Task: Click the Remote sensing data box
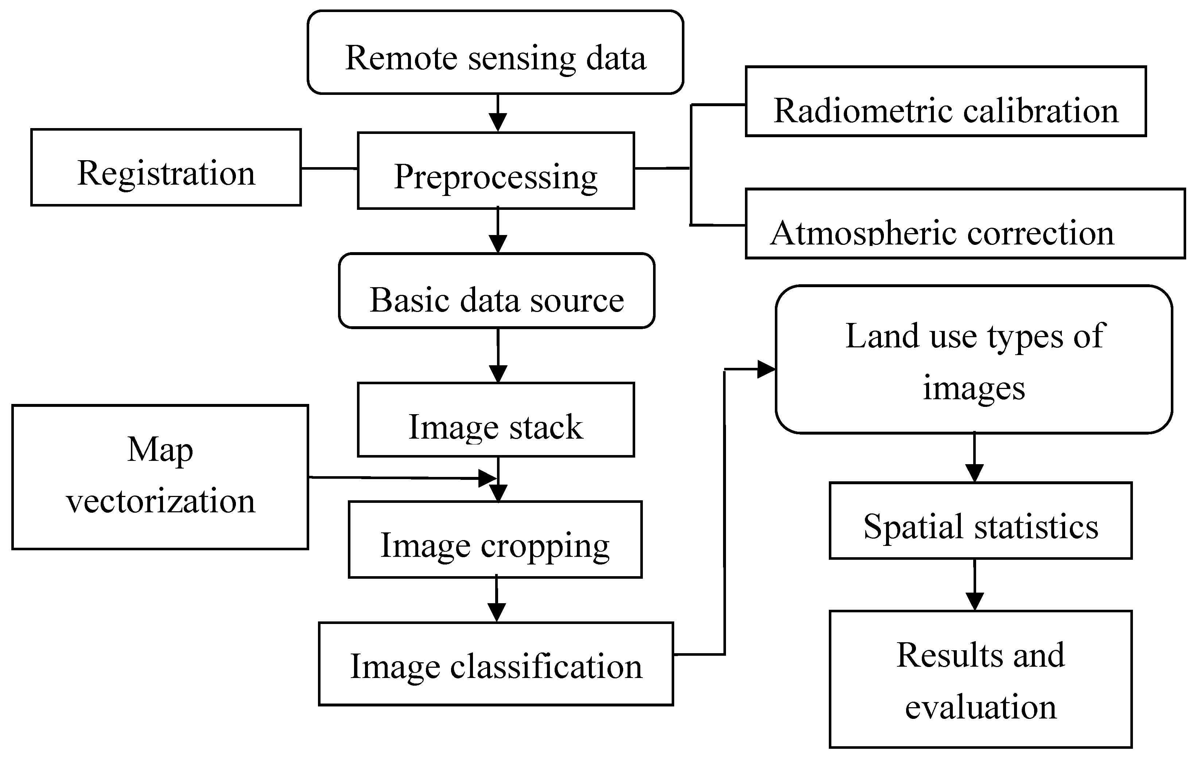click(x=495, y=53)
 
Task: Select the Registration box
click(x=166, y=167)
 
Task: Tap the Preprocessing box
click(x=496, y=170)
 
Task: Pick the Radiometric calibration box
click(x=945, y=101)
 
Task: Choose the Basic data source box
click(x=497, y=291)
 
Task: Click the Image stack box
click(x=496, y=420)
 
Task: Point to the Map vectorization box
click(x=160, y=477)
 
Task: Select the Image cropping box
click(x=495, y=540)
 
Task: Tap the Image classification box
click(x=496, y=664)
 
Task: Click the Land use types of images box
click(x=974, y=360)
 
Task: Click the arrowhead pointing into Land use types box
click(x=766, y=370)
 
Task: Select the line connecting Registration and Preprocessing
click(x=329, y=169)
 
